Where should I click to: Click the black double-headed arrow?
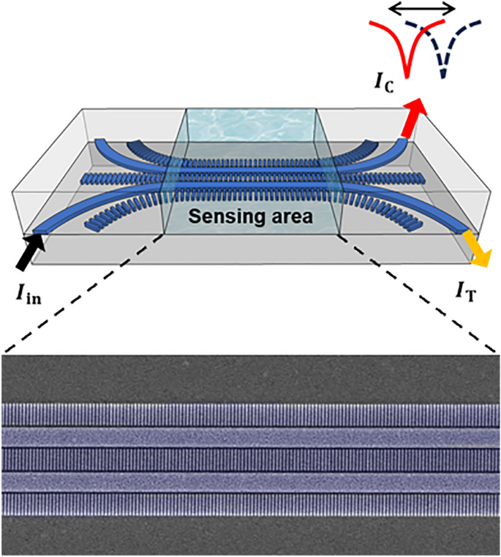coord(421,9)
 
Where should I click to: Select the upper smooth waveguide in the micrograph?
coord(250,436)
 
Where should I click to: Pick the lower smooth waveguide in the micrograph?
coord(250,482)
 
